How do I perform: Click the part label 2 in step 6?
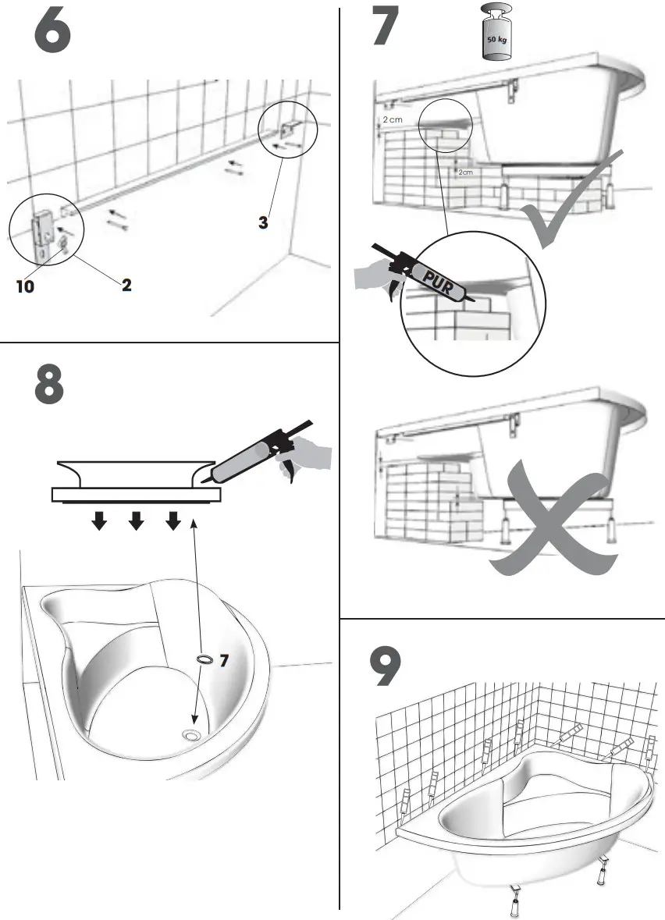coord(126,285)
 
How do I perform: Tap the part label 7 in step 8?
coord(224,660)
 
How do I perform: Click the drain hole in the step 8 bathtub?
coord(190,734)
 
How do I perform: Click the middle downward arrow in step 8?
coord(136,520)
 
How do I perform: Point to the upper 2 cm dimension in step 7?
coord(391,120)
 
